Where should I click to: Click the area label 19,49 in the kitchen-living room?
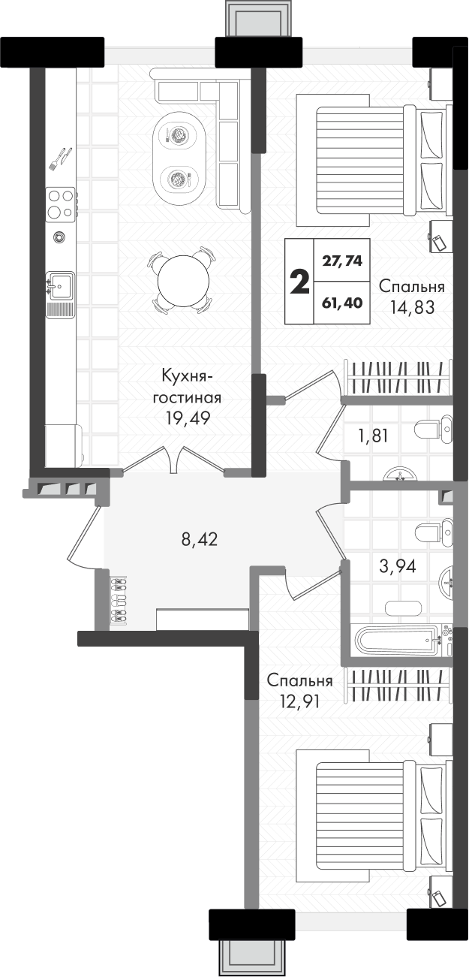coord(188,418)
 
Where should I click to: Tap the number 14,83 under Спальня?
coord(412,307)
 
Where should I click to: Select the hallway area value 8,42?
coord(199,539)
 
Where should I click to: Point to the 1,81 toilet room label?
coord(373,436)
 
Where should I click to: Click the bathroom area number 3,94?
coord(397,565)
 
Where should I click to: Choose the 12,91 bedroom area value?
coord(299,701)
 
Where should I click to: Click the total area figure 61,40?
coord(342,302)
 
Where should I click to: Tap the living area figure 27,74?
coord(342,261)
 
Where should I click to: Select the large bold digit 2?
coord(300,282)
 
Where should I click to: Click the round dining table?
coord(182,280)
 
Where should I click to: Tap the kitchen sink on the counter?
coord(60,286)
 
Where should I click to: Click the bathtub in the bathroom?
coord(397,641)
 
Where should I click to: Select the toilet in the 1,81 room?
coord(434,429)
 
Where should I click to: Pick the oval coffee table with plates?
coord(179,156)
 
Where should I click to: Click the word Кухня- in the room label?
coord(187,376)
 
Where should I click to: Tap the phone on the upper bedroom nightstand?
coord(440,242)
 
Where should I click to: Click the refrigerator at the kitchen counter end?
coord(64,446)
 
